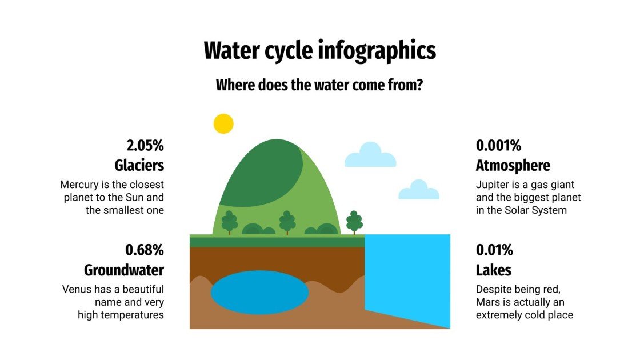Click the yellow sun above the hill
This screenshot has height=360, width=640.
pyautogui.click(x=223, y=123)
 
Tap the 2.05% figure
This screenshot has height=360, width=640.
pyautogui.click(x=145, y=145)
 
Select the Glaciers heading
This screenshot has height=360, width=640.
pyautogui.click(x=139, y=165)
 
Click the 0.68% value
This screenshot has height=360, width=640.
pyautogui.click(x=145, y=250)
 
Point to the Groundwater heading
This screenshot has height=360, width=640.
pyautogui.click(x=124, y=270)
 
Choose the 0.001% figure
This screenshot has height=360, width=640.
pyautogui.click(x=498, y=145)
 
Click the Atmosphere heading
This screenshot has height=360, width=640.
pyautogui.click(x=513, y=165)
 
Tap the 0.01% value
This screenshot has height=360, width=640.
pyautogui.click(x=494, y=250)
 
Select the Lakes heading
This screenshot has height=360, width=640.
pyautogui.click(x=493, y=270)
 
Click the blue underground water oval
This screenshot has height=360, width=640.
pyautogui.click(x=259, y=293)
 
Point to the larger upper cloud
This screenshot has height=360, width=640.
pyautogui.click(x=370, y=155)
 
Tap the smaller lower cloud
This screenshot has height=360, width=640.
pyautogui.click(x=418, y=190)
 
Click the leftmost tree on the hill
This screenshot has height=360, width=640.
pyautogui.click(x=230, y=222)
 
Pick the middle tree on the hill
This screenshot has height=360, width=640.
pyautogui.click(x=287, y=222)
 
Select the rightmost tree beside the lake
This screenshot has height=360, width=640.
pyautogui.click(x=354, y=222)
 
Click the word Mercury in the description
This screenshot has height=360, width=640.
pyautogui.click(x=80, y=185)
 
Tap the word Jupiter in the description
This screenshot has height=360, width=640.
pyautogui.click(x=493, y=185)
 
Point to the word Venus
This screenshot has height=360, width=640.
pyautogui.click(x=76, y=290)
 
